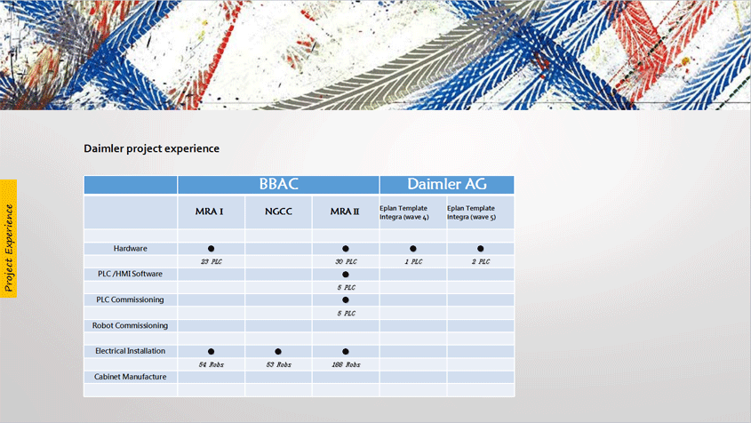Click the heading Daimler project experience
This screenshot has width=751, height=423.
click(x=151, y=148)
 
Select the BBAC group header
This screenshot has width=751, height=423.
click(x=278, y=184)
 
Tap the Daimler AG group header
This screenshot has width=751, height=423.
click(x=447, y=184)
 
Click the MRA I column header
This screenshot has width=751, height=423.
click(x=210, y=211)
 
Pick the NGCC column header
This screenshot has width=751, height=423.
click(x=278, y=211)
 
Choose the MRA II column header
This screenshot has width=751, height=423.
click(x=345, y=211)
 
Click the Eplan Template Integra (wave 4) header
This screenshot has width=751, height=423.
click(x=404, y=212)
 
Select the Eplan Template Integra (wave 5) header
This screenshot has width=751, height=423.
click(x=471, y=212)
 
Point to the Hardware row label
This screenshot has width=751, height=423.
click(x=131, y=248)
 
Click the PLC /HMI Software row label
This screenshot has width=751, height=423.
click(x=131, y=274)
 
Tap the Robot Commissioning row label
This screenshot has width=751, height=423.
click(x=131, y=325)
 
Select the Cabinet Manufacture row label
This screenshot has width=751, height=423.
click(x=131, y=377)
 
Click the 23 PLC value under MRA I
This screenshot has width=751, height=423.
click(x=212, y=261)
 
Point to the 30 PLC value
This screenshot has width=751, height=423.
click(x=346, y=261)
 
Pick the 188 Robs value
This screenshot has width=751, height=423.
click(x=346, y=364)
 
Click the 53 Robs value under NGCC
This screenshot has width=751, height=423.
click(x=278, y=364)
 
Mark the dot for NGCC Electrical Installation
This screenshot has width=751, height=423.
click(x=278, y=351)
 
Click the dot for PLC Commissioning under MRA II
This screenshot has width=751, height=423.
click(x=346, y=299)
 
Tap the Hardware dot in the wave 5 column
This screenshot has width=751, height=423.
click(x=481, y=249)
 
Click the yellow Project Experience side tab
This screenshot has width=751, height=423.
click(x=9, y=238)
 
